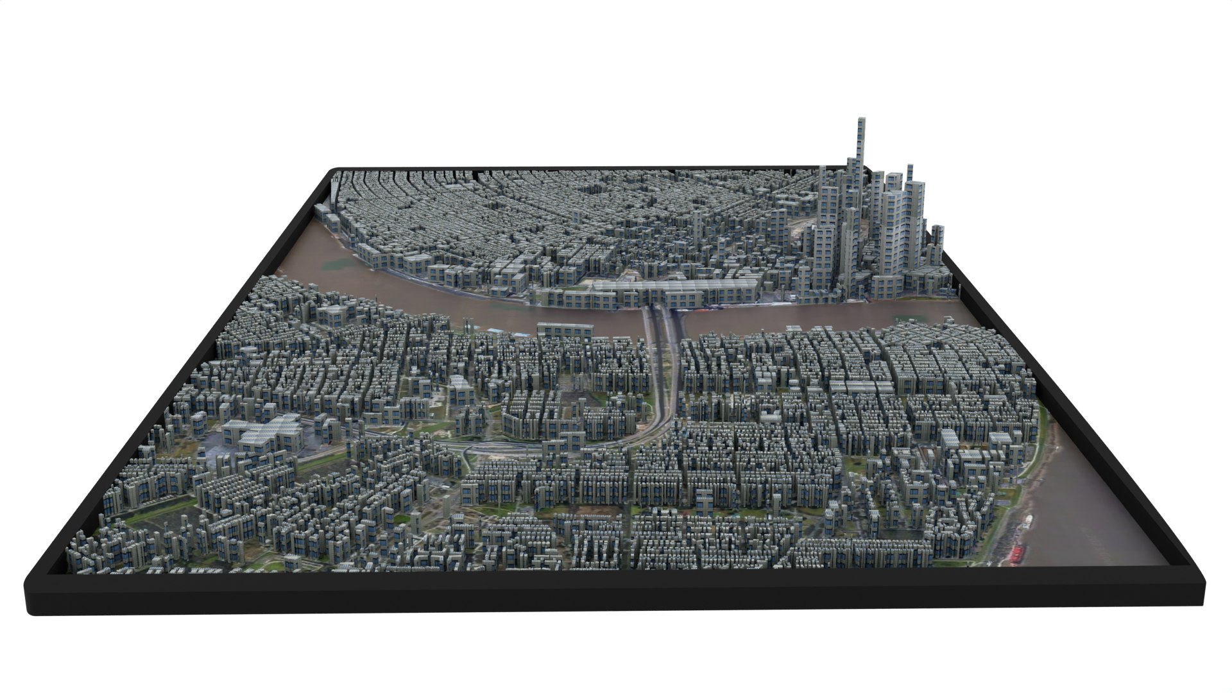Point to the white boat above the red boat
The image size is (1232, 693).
pyautogui.click(x=1029, y=521)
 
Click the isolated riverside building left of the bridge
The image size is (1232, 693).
pyautogui.click(x=565, y=330)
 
